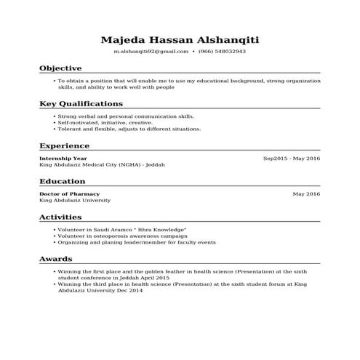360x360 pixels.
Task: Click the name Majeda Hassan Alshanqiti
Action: coord(180,39)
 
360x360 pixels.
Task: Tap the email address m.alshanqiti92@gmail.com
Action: coord(151,52)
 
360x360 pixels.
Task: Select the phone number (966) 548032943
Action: coord(223,52)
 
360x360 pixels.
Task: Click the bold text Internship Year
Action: coord(63,158)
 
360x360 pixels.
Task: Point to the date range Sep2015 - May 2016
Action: coord(291,158)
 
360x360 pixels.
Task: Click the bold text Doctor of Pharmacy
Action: coord(70,194)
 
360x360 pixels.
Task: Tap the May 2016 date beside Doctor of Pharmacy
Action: coord(306,194)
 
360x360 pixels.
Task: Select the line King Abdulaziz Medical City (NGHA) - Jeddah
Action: coord(102,164)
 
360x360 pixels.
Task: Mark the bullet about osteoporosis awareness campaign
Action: coord(122,236)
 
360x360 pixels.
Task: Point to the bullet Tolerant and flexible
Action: coord(119,129)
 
